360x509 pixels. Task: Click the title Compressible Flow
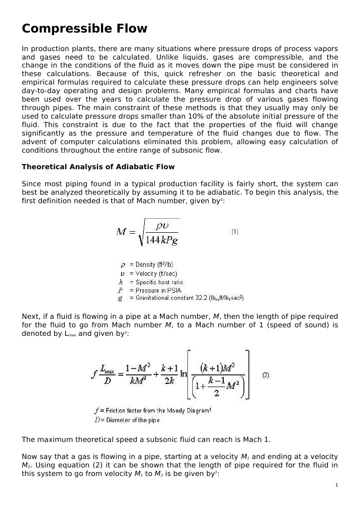pyautogui.click(x=85, y=29)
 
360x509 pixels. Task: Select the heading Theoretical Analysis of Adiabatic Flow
pyautogui.click(x=98, y=167)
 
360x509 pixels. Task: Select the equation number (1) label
pyautogui.click(x=235, y=232)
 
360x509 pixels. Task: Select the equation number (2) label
pyautogui.click(x=266, y=374)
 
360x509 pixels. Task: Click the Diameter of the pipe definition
pyautogui.click(x=127, y=420)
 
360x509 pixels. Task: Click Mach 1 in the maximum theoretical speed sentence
pyautogui.click(x=256, y=440)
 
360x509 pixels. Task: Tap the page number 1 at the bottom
pyautogui.click(x=337, y=485)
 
